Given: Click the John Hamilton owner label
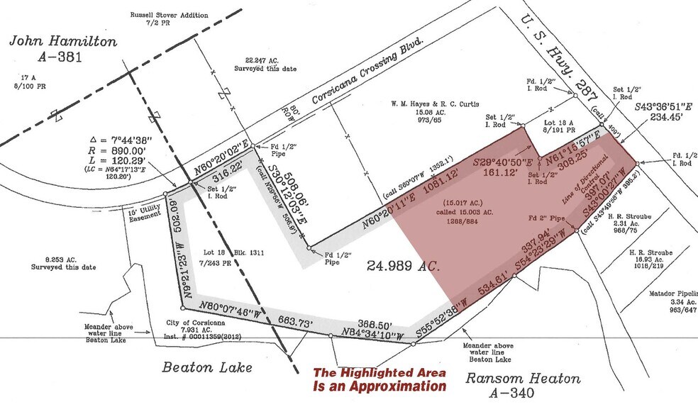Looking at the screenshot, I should tap(62, 42).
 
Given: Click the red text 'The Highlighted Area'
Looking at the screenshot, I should tap(380, 373).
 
